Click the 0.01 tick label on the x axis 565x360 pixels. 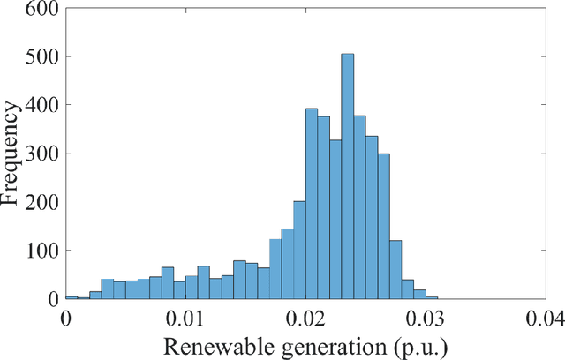click(185, 316)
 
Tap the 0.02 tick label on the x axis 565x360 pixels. click(305, 316)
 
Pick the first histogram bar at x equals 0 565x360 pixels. click(72, 297)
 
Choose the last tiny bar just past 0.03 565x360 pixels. click(432, 298)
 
